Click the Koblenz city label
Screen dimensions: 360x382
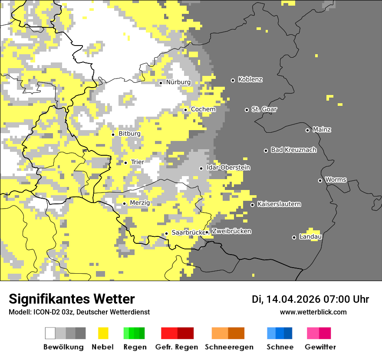point(250,80)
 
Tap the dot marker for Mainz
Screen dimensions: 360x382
point(307,130)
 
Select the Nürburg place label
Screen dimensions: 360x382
point(178,82)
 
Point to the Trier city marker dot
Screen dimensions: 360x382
point(126,163)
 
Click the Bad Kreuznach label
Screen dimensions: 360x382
point(293,150)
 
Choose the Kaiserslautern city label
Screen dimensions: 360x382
point(279,204)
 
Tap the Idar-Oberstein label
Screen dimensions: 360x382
point(228,168)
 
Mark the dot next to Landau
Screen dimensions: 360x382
point(294,237)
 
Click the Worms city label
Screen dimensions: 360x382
point(336,180)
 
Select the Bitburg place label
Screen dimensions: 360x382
point(129,134)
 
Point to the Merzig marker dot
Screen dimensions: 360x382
point(124,203)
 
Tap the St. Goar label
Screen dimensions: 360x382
point(264,109)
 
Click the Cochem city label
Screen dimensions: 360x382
point(203,109)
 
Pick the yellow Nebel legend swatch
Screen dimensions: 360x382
point(103,333)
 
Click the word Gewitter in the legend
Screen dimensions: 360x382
point(320,347)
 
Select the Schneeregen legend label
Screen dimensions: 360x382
point(229,347)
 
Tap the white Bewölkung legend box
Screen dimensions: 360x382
point(50,333)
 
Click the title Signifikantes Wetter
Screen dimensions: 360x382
point(72,299)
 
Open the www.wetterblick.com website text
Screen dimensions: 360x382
point(313,312)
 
